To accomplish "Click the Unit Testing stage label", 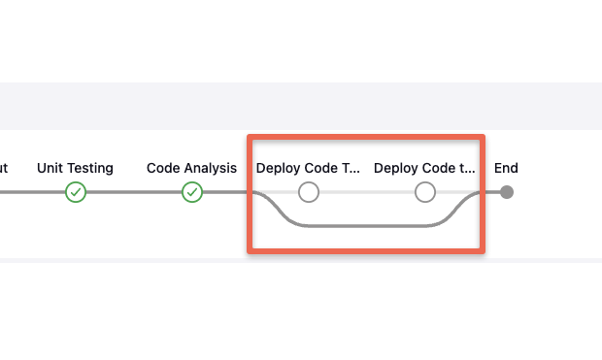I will [x=75, y=168].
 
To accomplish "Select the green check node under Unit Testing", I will [x=76, y=192].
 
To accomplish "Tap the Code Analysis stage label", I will [x=191, y=168].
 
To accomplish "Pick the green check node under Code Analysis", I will [x=192, y=192].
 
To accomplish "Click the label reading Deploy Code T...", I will [x=308, y=168].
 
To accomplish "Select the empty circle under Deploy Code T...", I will [x=309, y=192].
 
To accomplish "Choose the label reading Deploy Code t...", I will [x=424, y=168].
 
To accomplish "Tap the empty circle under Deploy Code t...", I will [x=425, y=192].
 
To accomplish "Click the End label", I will [x=506, y=168].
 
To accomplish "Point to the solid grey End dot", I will [x=507, y=192].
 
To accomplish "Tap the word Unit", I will [x=50, y=168].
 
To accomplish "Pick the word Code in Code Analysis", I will [x=163, y=168].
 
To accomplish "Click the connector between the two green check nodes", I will [x=134, y=192].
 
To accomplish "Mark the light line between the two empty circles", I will [x=367, y=192].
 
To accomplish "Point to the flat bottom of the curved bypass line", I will [x=367, y=226].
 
